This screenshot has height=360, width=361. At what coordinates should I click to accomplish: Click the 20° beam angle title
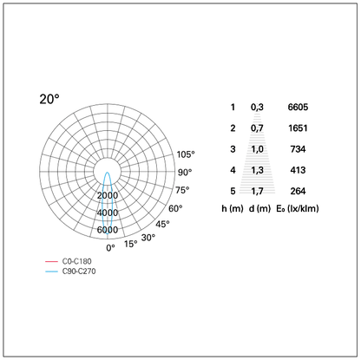click(49, 99)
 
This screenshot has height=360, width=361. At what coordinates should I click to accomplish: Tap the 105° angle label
click(186, 154)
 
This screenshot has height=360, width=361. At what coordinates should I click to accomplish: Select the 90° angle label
click(185, 173)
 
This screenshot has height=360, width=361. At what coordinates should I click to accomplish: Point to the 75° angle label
click(182, 190)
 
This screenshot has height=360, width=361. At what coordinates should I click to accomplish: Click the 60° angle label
click(175, 208)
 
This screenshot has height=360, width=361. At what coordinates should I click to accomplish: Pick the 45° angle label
click(162, 224)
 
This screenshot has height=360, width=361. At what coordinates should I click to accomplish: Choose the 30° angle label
click(148, 238)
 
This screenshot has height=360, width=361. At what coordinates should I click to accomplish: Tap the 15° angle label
click(131, 244)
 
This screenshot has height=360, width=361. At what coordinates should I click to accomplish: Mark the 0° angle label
click(110, 248)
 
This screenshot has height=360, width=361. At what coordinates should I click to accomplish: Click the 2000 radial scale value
click(108, 195)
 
